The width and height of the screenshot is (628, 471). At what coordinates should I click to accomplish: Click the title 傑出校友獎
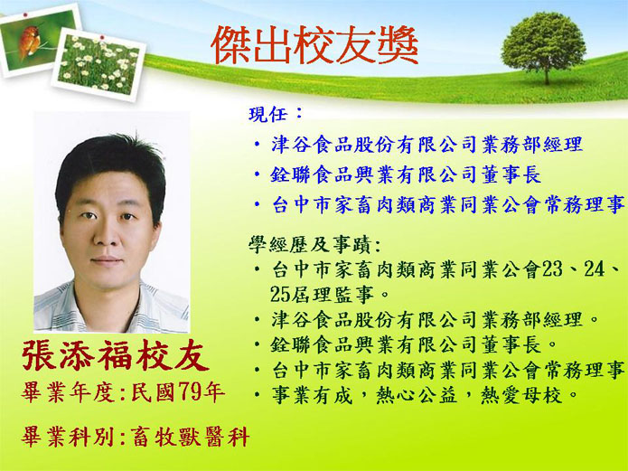tap(314, 45)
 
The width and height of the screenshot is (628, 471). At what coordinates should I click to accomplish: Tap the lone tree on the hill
tap(543, 47)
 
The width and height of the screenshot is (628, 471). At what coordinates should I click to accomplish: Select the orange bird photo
tap(38, 39)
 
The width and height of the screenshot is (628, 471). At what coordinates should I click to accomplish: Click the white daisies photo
tap(98, 64)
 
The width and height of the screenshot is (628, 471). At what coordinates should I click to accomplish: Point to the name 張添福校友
tap(116, 355)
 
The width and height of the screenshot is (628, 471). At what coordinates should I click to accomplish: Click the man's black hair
tap(110, 168)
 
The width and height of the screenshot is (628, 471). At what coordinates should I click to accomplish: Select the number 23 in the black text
tap(552, 269)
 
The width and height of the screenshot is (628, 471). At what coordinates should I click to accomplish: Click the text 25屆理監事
tap(323, 294)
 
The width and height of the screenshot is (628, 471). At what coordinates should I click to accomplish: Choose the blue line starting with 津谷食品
tap(426, 145)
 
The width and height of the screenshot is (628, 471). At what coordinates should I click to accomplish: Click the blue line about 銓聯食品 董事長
tap(406, 175)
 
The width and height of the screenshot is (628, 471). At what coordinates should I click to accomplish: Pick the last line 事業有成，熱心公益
tap(424, 395)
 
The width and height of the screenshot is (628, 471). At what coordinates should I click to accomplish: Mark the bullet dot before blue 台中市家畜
tap(258, 205)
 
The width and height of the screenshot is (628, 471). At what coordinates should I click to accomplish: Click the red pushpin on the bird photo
tap(25, 14)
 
